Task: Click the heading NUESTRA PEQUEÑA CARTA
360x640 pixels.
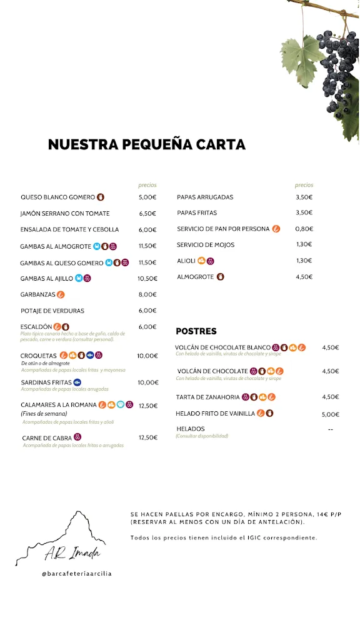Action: [x=147, y=145]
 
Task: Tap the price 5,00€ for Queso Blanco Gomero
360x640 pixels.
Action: [x=147, y=197]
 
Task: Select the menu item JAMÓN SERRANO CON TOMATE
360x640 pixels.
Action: [x=65, y=213]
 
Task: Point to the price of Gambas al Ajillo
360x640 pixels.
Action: [x=147, y=278]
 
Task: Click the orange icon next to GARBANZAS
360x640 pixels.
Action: [x=61, y=294]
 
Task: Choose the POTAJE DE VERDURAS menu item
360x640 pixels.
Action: [x=52, y=311]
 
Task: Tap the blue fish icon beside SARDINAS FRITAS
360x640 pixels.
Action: [x=77, y=382]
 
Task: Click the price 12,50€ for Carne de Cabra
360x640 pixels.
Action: [x=148, y=437]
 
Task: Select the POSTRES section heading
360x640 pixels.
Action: [x=196, y=331]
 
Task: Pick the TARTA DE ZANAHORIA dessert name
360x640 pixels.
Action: [x=208, y=397]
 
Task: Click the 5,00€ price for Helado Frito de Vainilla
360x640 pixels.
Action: [x=331, y=414]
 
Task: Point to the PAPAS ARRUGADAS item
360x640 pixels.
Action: [x=205, y=197]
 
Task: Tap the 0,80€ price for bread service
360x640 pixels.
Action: [x=304, y=229]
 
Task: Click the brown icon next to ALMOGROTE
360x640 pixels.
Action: [x=221, y=277]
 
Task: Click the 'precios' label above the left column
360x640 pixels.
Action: [x=147, y=185]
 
